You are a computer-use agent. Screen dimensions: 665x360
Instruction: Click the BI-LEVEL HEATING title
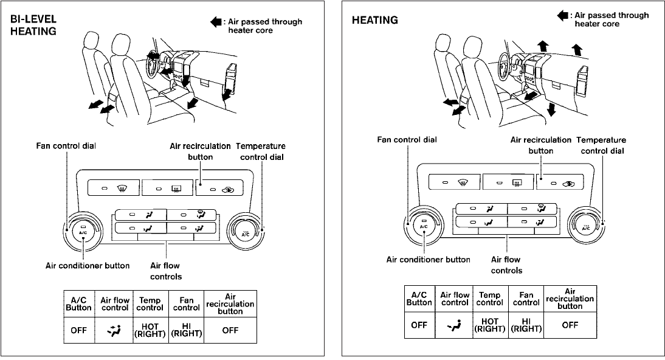pyautogui.click(x=33, y=25)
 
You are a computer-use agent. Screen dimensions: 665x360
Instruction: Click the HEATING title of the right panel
pyautogui.click(x=375, y=20)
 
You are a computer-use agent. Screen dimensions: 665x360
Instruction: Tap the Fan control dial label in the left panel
pyautogui.click(x=66, y=146)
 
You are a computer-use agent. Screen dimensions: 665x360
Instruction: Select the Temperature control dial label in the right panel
pyautogui.click(x=601, y=145)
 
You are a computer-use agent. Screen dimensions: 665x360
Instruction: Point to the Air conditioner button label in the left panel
pyautogui.click(x=88, y=266)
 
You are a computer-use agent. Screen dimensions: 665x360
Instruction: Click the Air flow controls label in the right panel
pyautogui.click(x=506, y=265)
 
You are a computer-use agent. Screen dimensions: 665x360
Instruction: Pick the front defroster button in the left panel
pyautogui.click(x=114, y=188)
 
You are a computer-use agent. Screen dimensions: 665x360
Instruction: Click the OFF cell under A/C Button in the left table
pyautogui.click(x=79, y=330)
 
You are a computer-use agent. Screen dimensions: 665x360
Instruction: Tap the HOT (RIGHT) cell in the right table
pyautogui.click(x=490, y=325)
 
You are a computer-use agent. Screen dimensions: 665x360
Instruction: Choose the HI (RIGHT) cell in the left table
pyautogui.click(x=186, y=330)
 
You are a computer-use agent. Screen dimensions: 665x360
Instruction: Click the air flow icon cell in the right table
pyautogui.click(x=454, y=325)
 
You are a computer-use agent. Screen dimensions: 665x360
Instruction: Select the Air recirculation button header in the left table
pyautogui.click(x=230, y=304)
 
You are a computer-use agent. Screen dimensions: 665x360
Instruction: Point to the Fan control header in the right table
pyautogui.click(x=526, y=299)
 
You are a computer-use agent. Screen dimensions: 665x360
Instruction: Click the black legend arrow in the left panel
pyautogui.click(x=216, y=22)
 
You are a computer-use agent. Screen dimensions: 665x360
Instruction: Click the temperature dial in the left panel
pyautogui.click(x=245, y=231)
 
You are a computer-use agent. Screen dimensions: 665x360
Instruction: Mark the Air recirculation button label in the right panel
pyautogui.click(x=541, y=145)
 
